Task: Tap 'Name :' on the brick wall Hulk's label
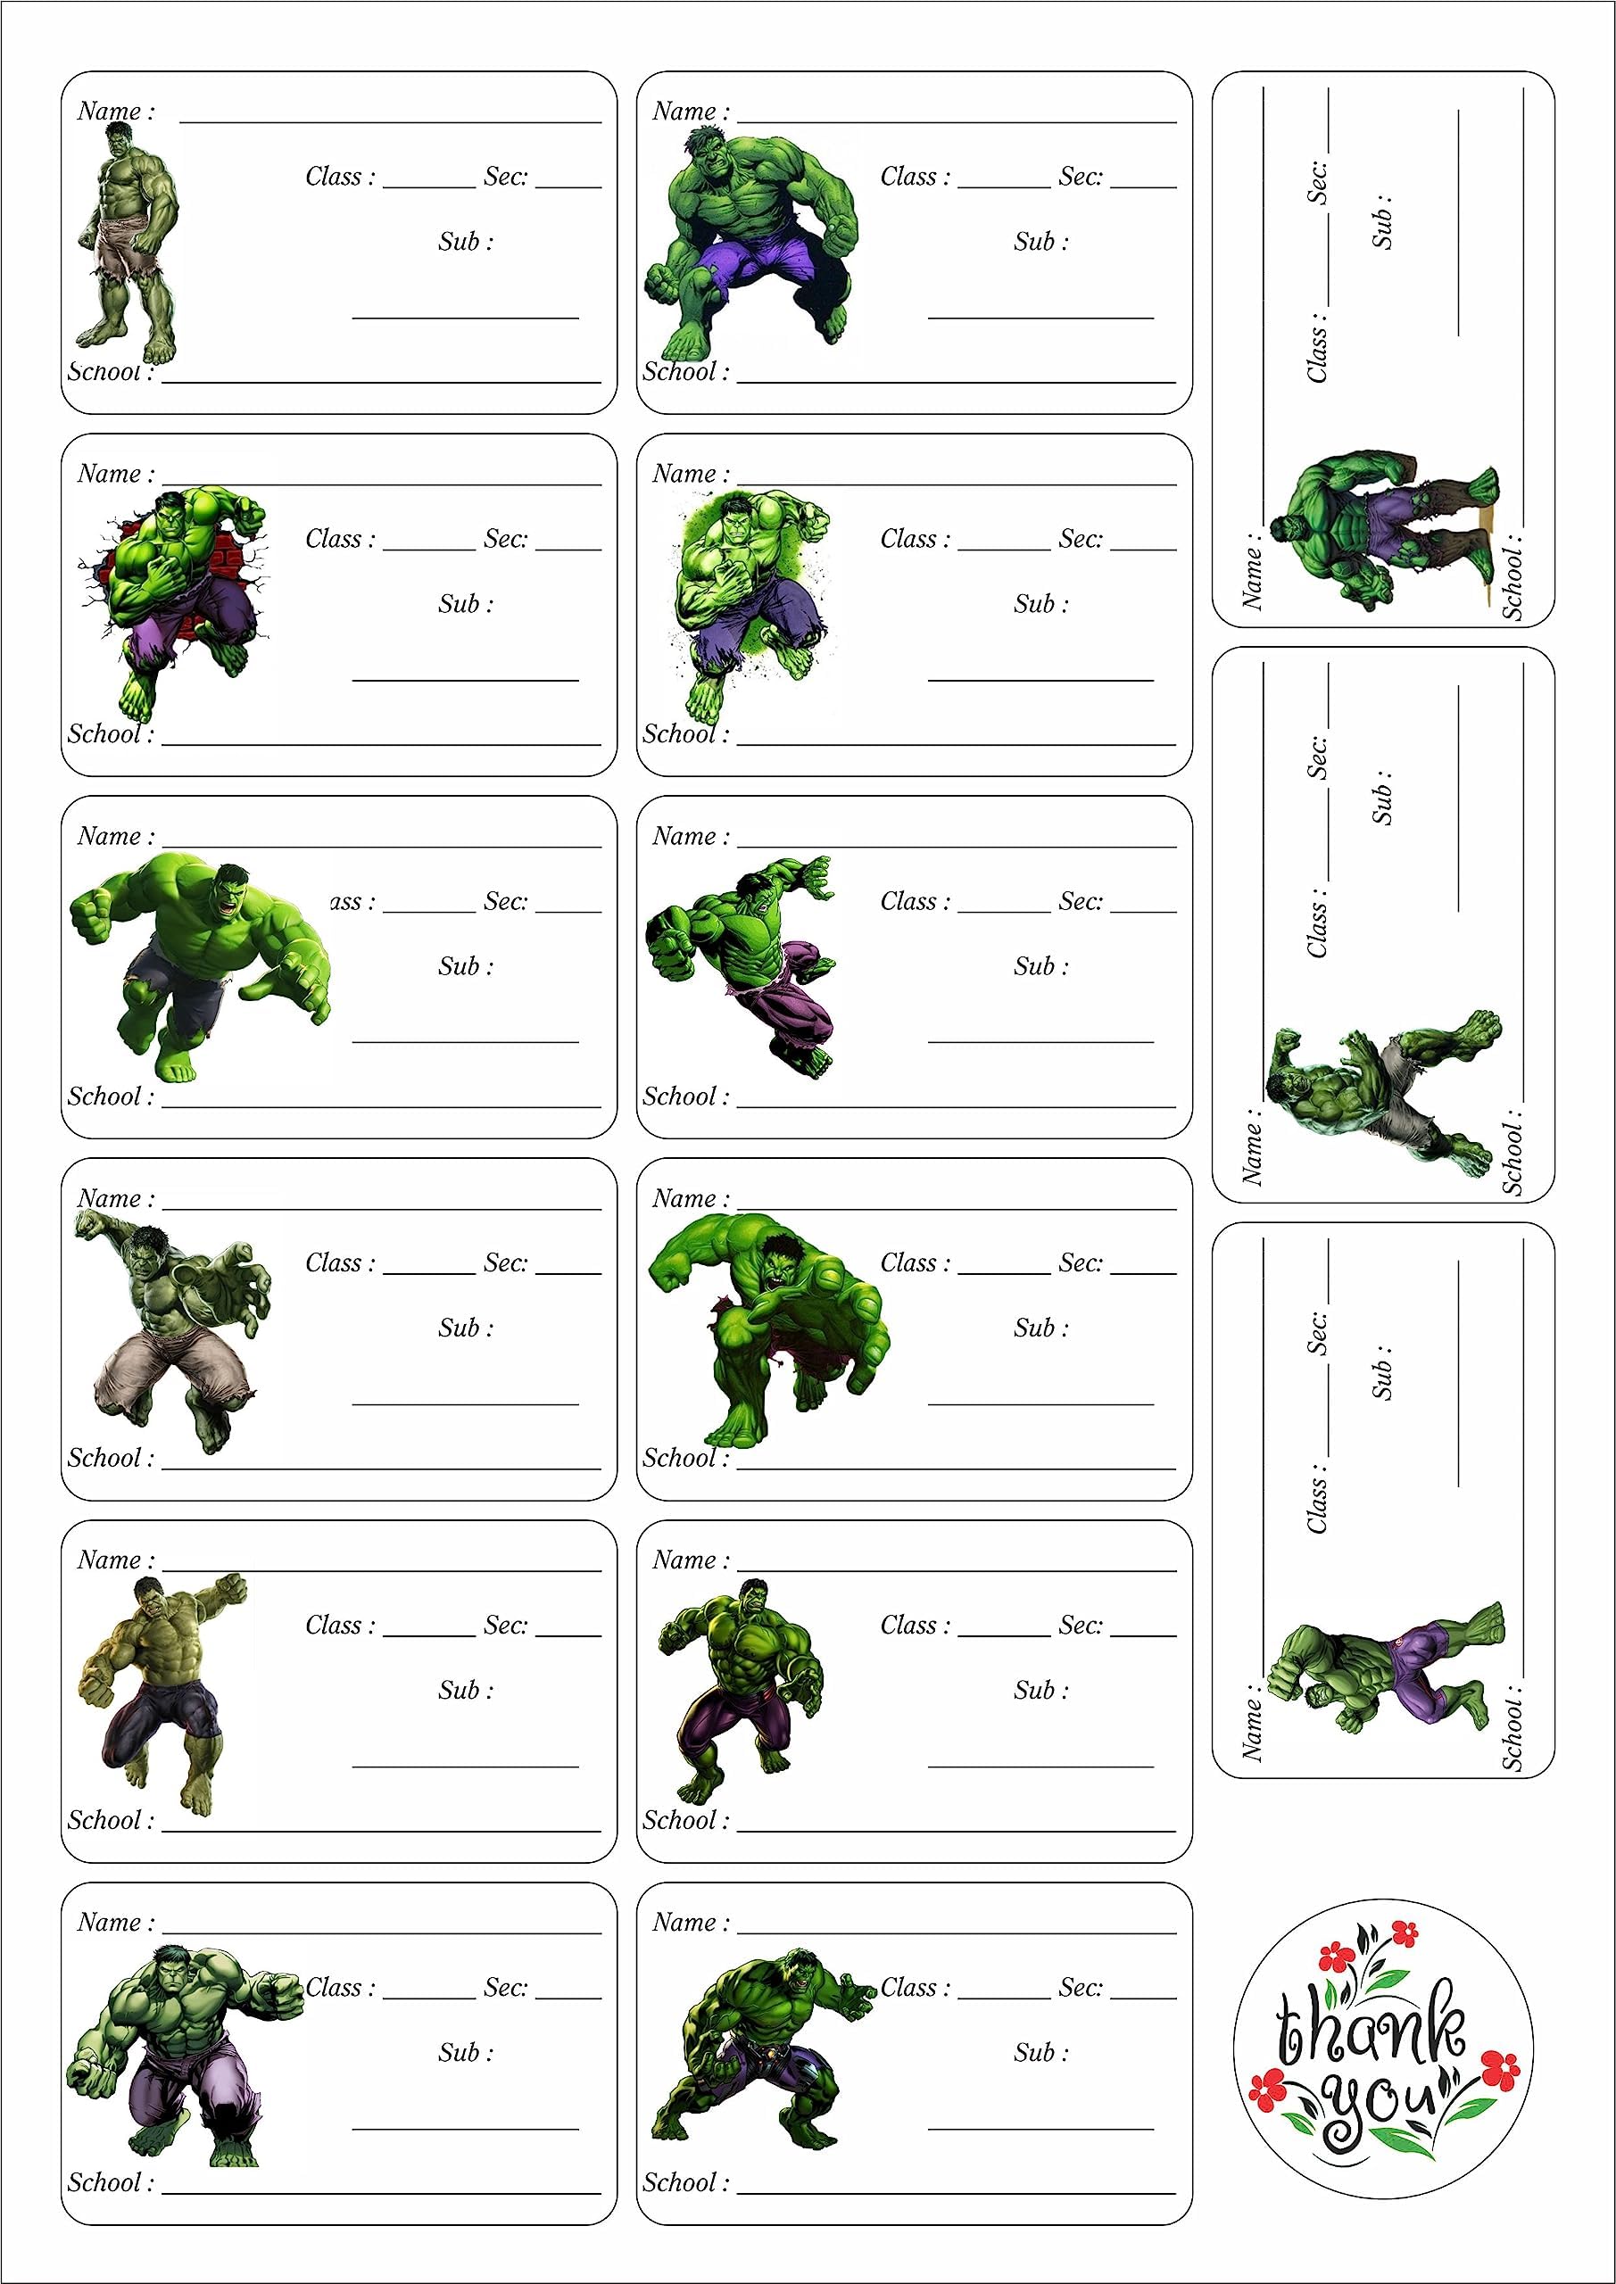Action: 116,474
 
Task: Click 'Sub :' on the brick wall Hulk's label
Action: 466,604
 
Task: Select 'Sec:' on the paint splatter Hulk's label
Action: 1081,539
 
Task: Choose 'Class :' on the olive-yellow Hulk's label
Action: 340,1626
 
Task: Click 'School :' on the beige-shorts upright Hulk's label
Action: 110,373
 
